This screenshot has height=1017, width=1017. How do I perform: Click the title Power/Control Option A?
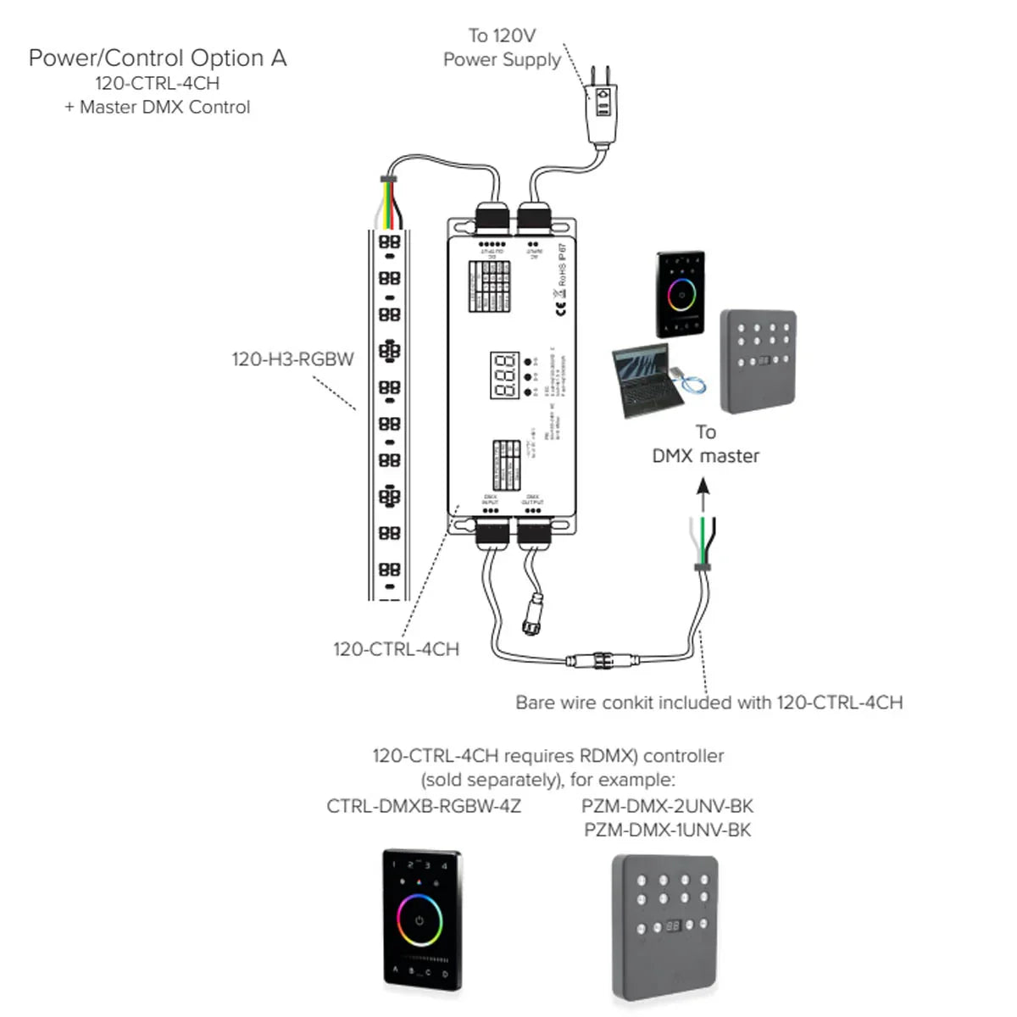(x=158, y=58)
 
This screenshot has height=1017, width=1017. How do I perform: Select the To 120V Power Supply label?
(x=502, y=47)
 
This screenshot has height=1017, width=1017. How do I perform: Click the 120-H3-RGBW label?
(x=292, y=359)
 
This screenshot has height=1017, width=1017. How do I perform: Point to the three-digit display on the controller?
(x=504, y=375)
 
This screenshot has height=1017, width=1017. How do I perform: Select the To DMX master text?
(x=705, y=444)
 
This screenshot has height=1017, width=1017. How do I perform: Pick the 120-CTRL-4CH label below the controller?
(x=396, y=649)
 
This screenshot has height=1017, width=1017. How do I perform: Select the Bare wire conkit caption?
(x=709, y=703)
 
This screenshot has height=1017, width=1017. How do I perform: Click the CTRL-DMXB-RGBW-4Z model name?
(x=424, y=806)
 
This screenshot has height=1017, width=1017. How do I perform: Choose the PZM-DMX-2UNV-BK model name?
(x=667, y=806)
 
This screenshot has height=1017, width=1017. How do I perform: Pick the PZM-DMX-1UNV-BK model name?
(x=667, y=830)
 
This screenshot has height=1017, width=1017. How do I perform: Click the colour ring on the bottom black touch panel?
(x=420, y=920)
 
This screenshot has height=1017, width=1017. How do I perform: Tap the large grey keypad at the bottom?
(x=666, y=927)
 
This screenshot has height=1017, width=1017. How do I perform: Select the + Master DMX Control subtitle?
(x=158, y=108)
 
